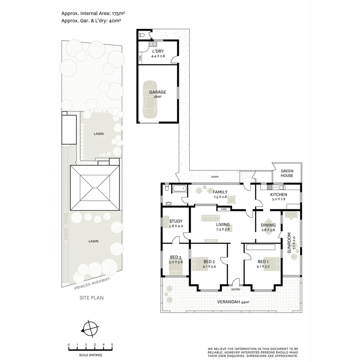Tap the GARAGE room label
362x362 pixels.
pyautogui.click(x=158, y=92)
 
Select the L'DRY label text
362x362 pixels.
pyautogui.click(x=158, y=51)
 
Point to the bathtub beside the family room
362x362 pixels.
pyautogui.click(x=179, y=188)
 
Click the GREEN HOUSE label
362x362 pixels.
pyautogui.click(x=287, y=173)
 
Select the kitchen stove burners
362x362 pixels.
pyautogui.click(x=270, y=187)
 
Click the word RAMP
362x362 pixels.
pyautogui.click(x=215, y=177)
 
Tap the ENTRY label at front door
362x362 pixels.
pyautogui.click(x=236, y=289)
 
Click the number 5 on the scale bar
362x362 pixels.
pyautogui.click(x=112, y=345)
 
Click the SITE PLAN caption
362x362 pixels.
pyautogui.click(x=91, y=297)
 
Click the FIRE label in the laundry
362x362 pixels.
pyautogui.click(x=140, y=58)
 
